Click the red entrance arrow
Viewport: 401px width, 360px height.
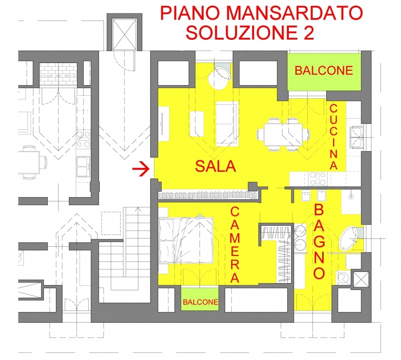pos(141,168)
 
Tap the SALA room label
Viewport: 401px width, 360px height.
pos(215,166)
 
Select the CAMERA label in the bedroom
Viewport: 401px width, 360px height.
pos(235,244)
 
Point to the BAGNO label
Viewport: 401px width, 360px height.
pos(319,241)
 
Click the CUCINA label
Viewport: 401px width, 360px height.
pos(333,137)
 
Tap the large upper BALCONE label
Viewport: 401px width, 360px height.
pos(324,70)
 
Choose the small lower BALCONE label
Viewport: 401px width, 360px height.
pos(200,302)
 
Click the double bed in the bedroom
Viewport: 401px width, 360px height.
pos(186,240)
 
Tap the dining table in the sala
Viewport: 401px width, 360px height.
pos(283,135)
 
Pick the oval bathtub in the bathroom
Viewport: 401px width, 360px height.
pos(349,238)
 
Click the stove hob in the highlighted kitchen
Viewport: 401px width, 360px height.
pos(318,178)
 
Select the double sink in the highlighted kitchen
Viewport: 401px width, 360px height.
pos(357,137)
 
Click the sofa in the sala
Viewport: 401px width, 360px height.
pos(227,124)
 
